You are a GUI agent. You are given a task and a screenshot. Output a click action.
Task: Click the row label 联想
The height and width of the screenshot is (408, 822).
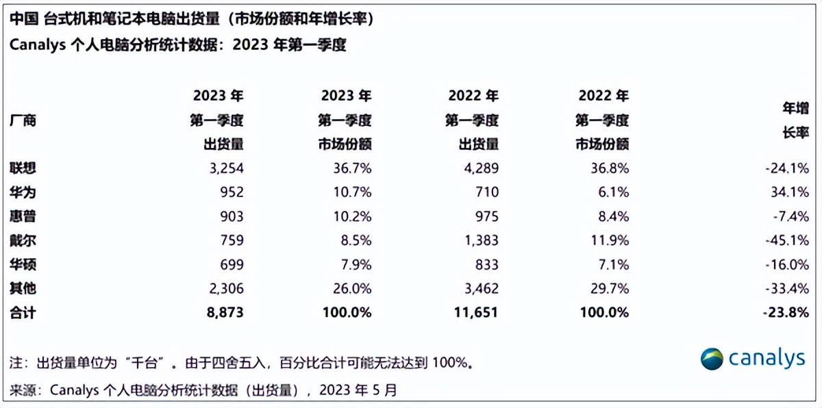(x=23, y=168)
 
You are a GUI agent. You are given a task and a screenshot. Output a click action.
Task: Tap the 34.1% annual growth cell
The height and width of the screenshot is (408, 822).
(x=790, y=192)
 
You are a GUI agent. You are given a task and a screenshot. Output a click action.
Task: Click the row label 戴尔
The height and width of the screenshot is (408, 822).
(x=23, y=241)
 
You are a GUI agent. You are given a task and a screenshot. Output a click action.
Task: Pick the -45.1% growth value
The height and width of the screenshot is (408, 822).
(x=788, y=241)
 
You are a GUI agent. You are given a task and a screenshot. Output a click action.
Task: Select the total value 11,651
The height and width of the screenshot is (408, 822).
(x=473, y=313)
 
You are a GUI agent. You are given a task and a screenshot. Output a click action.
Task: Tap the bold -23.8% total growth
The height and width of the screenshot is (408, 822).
(x=786, y=313)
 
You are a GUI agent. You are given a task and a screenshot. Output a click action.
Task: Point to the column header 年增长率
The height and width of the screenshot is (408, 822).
(x=795, y=120)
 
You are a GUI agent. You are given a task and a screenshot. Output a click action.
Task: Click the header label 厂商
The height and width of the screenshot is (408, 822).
(x=23, y=121)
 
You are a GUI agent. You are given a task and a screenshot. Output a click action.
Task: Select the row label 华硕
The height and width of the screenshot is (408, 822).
(x=23, y=265)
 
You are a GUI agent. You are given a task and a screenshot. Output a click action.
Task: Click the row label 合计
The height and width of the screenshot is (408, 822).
(x=23, y=313)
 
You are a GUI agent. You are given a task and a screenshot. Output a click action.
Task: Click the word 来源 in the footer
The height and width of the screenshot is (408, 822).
(x=23, y=390)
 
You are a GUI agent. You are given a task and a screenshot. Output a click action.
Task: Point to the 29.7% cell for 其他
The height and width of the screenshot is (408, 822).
(x=610, y=289)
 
